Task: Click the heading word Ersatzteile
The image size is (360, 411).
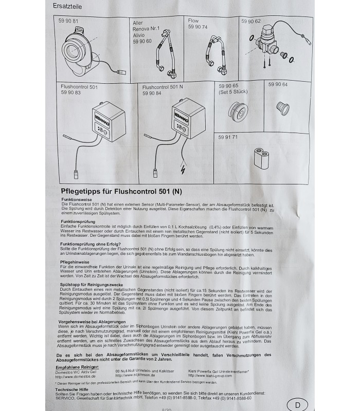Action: point(67,7)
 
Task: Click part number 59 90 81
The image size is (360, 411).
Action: point(68,21)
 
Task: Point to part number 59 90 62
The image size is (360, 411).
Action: point(251,21)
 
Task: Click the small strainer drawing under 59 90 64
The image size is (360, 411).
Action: point(282,107)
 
